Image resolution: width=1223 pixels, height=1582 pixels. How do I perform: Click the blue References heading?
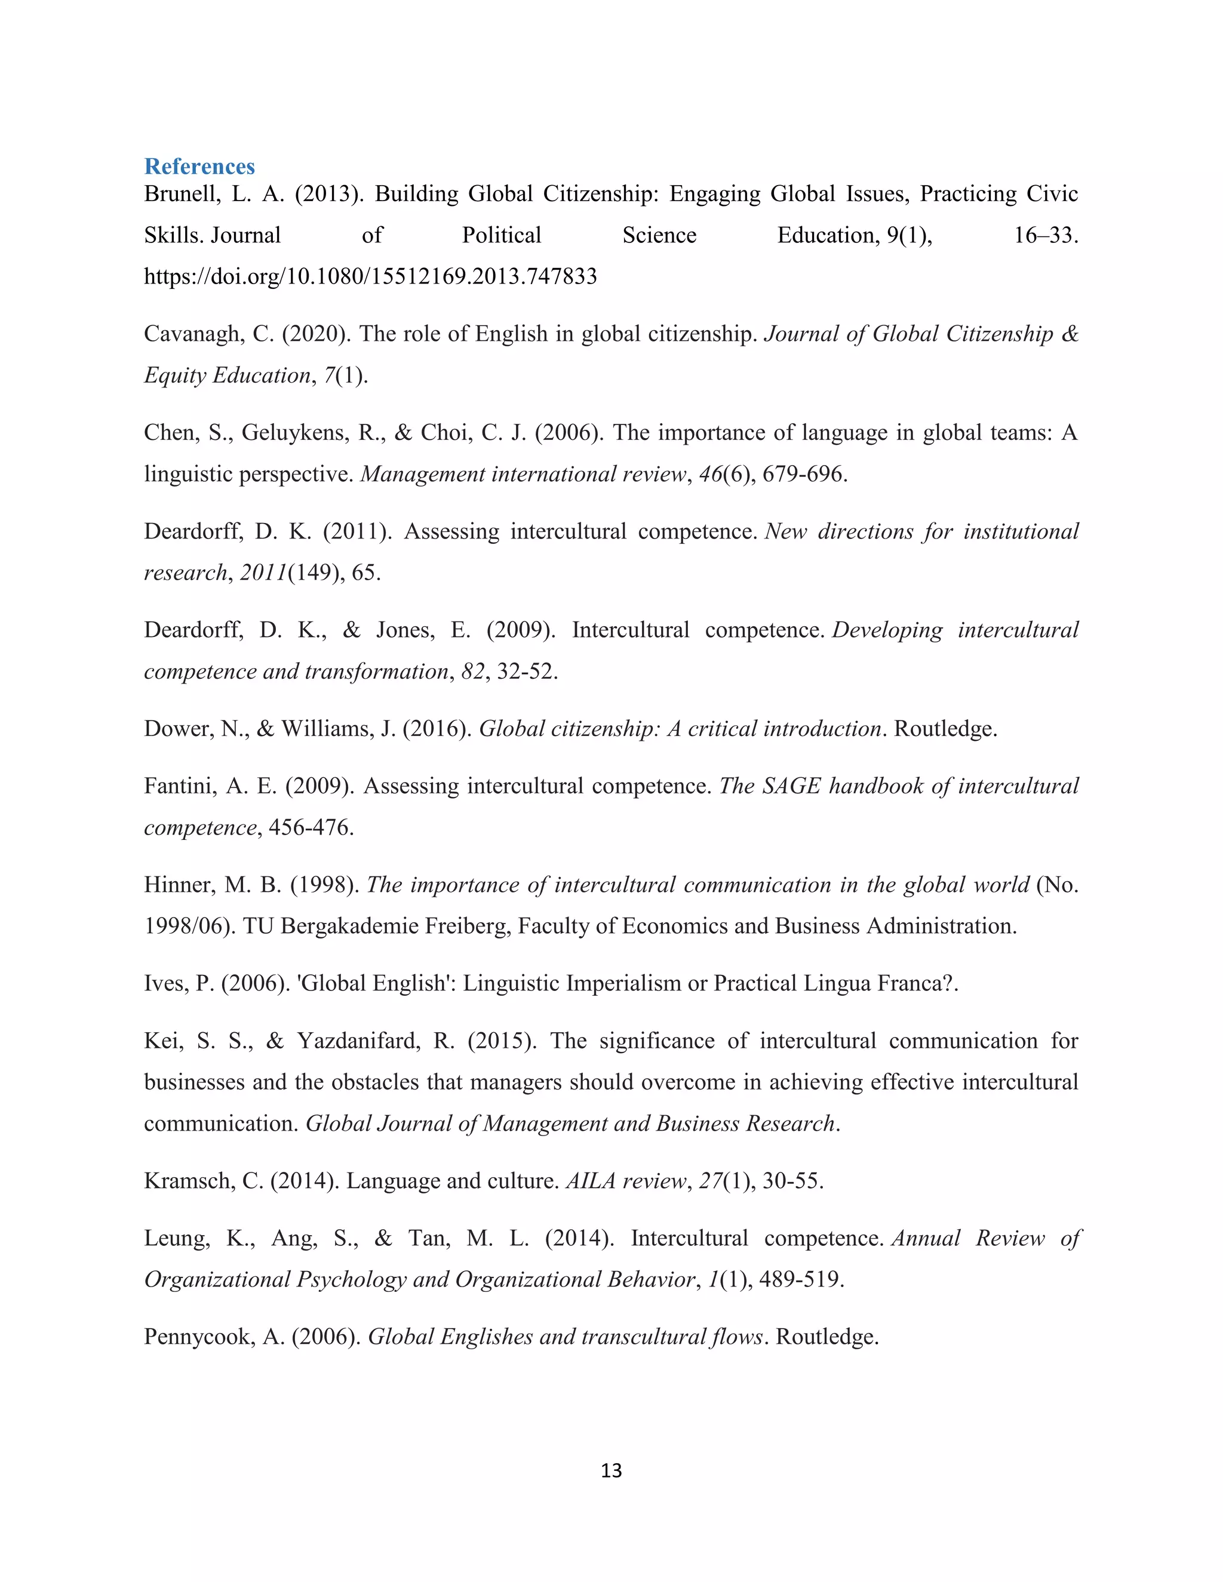pos(199,167)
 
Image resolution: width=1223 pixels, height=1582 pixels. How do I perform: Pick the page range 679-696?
pos(804,475)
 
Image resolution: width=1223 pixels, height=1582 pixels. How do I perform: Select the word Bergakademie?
pos(349,927)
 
